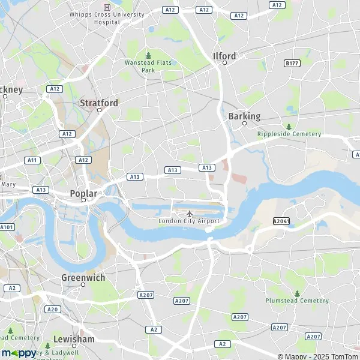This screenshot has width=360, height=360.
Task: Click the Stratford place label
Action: pos(99,103)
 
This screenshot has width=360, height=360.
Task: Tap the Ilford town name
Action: pos(224,56)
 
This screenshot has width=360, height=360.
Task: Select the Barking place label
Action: pos(244,116)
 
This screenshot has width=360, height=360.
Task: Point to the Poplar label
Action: pos(83,193)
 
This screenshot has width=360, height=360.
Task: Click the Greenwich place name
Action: pos(83,278)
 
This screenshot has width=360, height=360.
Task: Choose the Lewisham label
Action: pos(74,339)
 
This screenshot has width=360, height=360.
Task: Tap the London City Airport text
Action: pos(189,221)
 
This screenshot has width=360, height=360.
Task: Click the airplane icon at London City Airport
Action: pos(190,213)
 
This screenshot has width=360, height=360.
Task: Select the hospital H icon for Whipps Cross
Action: pos(107,7)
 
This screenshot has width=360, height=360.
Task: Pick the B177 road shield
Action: pos(292,63)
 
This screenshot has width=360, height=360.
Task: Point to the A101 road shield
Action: pos(7,227)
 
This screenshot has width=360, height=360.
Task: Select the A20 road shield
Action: pos(53,309)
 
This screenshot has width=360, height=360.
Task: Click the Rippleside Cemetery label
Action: pos(289,134)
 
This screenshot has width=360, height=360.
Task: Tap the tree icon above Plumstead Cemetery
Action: pos(297,293)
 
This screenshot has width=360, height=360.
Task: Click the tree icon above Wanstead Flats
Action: pos(149,55)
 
